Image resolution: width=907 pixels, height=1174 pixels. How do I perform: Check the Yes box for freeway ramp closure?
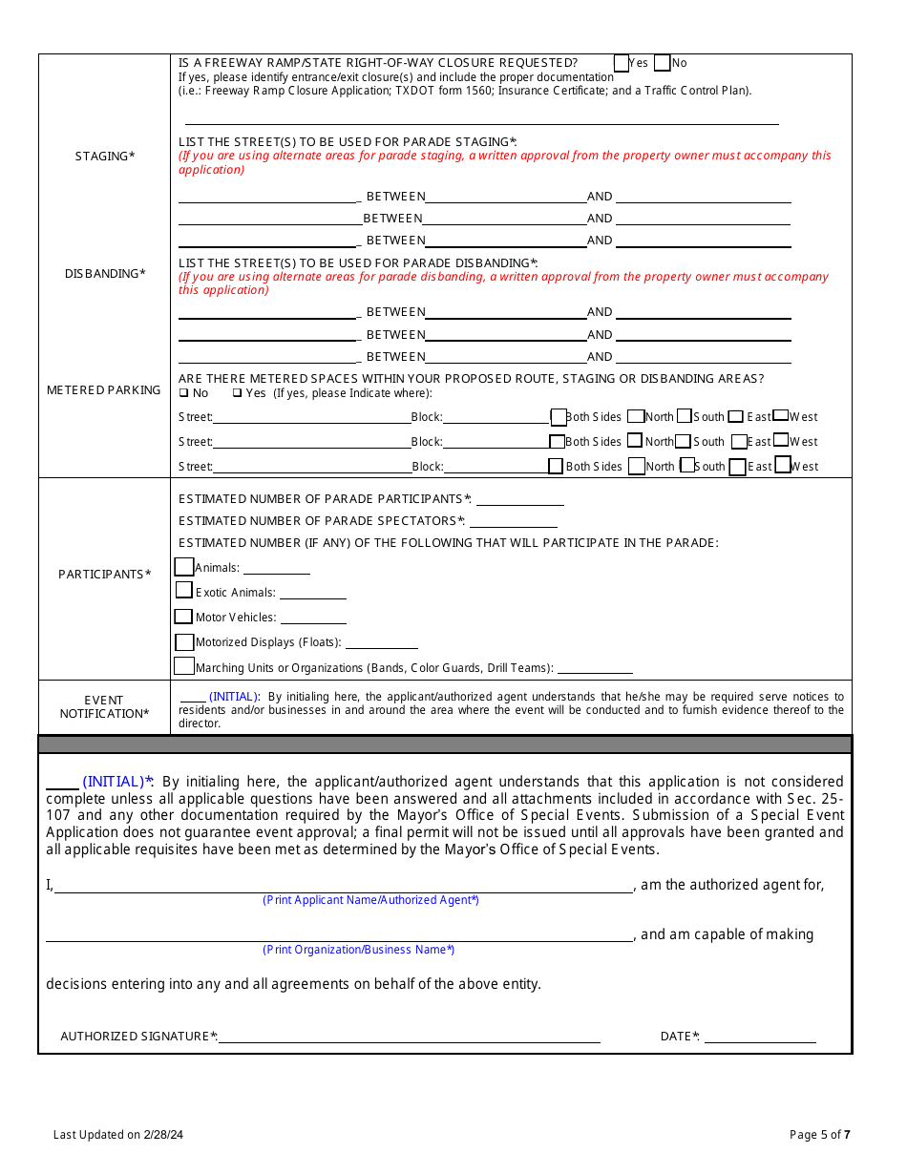pos(622,63)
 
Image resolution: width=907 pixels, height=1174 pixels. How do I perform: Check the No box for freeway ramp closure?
pos(663,63)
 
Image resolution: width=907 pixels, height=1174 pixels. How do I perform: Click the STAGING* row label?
pos(105,157)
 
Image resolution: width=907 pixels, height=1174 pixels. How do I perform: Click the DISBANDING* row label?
pos(105,274)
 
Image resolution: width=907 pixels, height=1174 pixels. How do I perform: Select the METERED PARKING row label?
pos(104,390)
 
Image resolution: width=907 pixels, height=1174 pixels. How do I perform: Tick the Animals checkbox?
pos(184,567)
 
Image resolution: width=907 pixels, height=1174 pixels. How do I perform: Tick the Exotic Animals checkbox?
pos(184,591)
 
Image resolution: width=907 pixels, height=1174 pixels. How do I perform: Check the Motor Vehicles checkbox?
pos(183,617)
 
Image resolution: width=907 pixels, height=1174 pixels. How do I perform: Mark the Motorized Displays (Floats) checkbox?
pos(184,642)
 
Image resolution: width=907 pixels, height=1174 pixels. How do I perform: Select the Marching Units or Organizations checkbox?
pos(184,666)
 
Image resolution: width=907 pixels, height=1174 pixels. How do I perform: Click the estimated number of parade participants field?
pos(519,498)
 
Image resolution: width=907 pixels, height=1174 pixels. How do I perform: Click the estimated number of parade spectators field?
pos(513,520)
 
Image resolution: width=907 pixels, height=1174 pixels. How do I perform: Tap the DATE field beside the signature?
pos(760,1036)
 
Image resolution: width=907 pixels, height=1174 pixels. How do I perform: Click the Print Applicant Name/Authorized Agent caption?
pos(370,900)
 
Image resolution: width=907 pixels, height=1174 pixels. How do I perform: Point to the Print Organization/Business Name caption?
pos(359,950)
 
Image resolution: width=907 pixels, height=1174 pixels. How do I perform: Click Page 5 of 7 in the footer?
pos(819,1135)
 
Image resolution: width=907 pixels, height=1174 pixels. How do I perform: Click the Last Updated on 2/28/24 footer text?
pos(118,1135)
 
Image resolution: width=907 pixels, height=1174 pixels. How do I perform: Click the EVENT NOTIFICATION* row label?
pos(104,707)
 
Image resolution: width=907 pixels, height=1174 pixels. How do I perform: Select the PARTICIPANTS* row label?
pos(105,575)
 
